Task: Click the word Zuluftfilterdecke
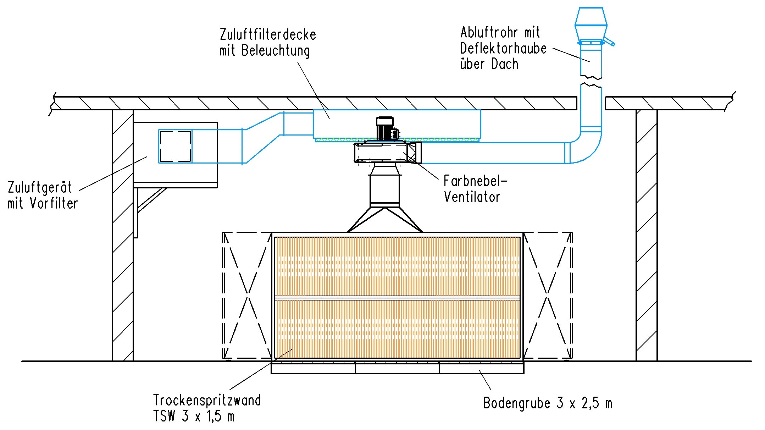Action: pos(268,35)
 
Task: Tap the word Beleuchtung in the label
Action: pos(276,51)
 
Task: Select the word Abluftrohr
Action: pos(487,33)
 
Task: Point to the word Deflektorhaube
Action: pos(503,49)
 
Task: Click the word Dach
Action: pos(504,64)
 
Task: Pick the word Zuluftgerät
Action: pos(40,188)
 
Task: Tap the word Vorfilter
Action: pos(54,203)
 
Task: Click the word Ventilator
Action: pos(472,197)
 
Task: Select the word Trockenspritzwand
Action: pos(207,400)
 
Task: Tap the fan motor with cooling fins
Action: pos(384,130)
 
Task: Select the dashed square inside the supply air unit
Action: pos(175,146)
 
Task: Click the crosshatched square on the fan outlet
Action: pos(414,153)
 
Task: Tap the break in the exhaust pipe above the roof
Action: pos(591,81)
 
